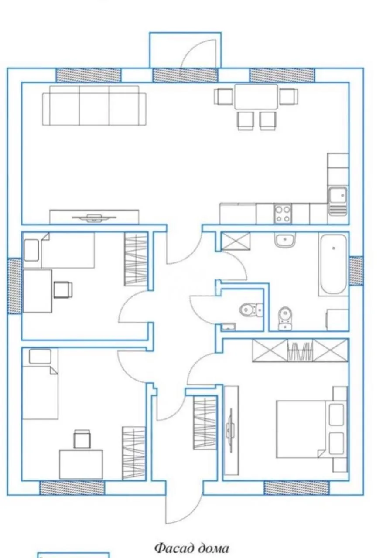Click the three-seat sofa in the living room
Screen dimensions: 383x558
(94, 105)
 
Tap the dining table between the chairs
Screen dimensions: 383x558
(256, 97)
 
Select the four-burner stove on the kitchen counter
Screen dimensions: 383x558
(283, 214)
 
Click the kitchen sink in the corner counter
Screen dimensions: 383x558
(338, 201)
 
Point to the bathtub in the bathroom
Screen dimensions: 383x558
(333, 265)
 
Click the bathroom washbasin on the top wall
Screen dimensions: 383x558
(285, 240)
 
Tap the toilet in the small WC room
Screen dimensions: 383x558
(251, 310)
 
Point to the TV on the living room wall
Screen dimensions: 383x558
(94, 218)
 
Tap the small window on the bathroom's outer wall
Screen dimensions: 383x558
(356, 271)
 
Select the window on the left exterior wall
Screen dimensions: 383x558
(14, 286)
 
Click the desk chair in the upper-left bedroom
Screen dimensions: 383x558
(63, 289)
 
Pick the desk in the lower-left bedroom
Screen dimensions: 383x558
(81, 464)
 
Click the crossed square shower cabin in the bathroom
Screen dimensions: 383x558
(236, 241)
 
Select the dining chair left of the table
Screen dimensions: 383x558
(224, 97)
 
